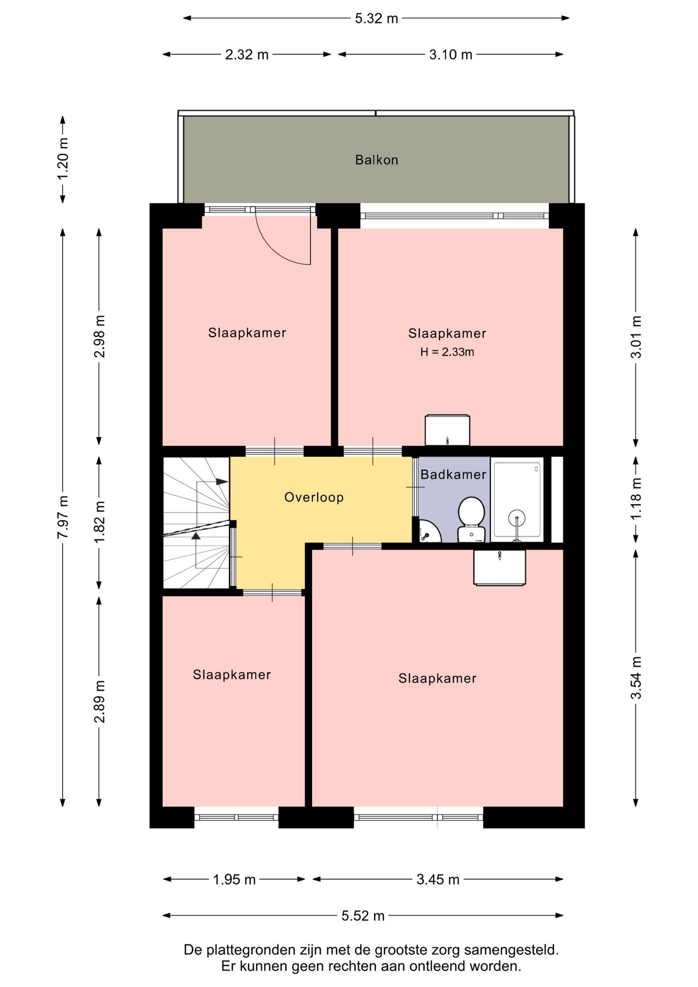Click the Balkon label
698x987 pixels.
[x=376, y=160]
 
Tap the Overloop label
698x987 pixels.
[x=314, y=497]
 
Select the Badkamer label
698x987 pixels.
[x=453, y=474]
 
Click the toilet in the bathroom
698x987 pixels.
[x=471, y=519]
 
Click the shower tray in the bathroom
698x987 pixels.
[x=517, y=499]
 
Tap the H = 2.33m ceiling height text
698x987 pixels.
[x=447, y=352]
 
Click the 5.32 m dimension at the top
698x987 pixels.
[x=376, y=19]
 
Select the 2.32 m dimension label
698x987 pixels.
[x=247, y=54]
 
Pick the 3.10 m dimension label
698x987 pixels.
[x=450, y=54]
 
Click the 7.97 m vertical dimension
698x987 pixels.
[x=63, y=517]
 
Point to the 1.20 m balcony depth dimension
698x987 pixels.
[x=63, y=159]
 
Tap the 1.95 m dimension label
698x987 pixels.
[x=234, y=880]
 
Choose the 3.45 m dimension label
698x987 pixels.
[x=438, y=880]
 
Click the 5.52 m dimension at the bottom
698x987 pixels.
[x=363, y=916]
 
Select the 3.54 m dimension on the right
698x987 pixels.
[x=636, y=678]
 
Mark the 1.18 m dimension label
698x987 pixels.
[x=636, y=498]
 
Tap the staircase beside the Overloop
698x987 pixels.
[x=196, y=523]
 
